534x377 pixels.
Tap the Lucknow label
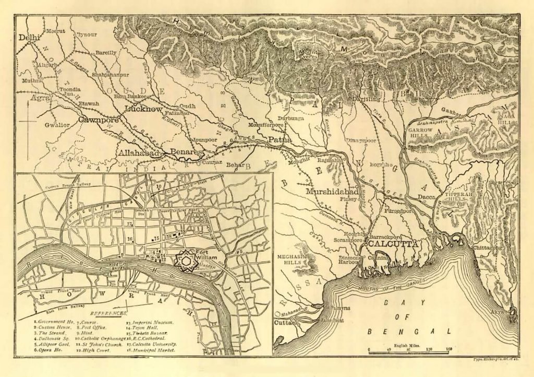(143, 109)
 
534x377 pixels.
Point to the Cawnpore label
(96, 120)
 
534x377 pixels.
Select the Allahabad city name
(138, 153)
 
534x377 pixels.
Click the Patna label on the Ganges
(280, 140)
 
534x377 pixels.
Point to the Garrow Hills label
(420, 132)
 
